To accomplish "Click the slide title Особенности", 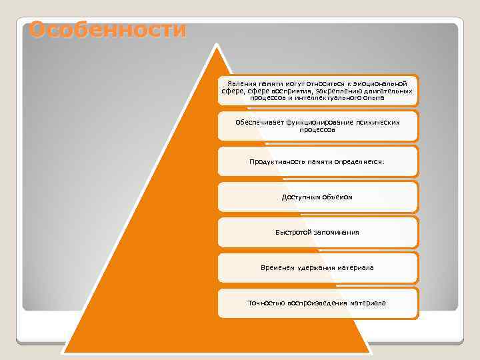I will tap(107, 30).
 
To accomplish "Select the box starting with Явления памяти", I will tap(317, 90).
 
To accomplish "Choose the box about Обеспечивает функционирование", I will tap(317, 126).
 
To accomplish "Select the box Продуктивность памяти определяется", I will tap(317, 161).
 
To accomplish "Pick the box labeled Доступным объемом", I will tap(317, 197).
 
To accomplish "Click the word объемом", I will tap(337, 197).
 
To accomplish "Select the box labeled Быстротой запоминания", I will tap(317, 232).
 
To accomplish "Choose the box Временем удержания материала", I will tap(317, 267).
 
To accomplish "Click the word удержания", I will tap(315, 267).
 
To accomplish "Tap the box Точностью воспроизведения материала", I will tap(317, 303).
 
